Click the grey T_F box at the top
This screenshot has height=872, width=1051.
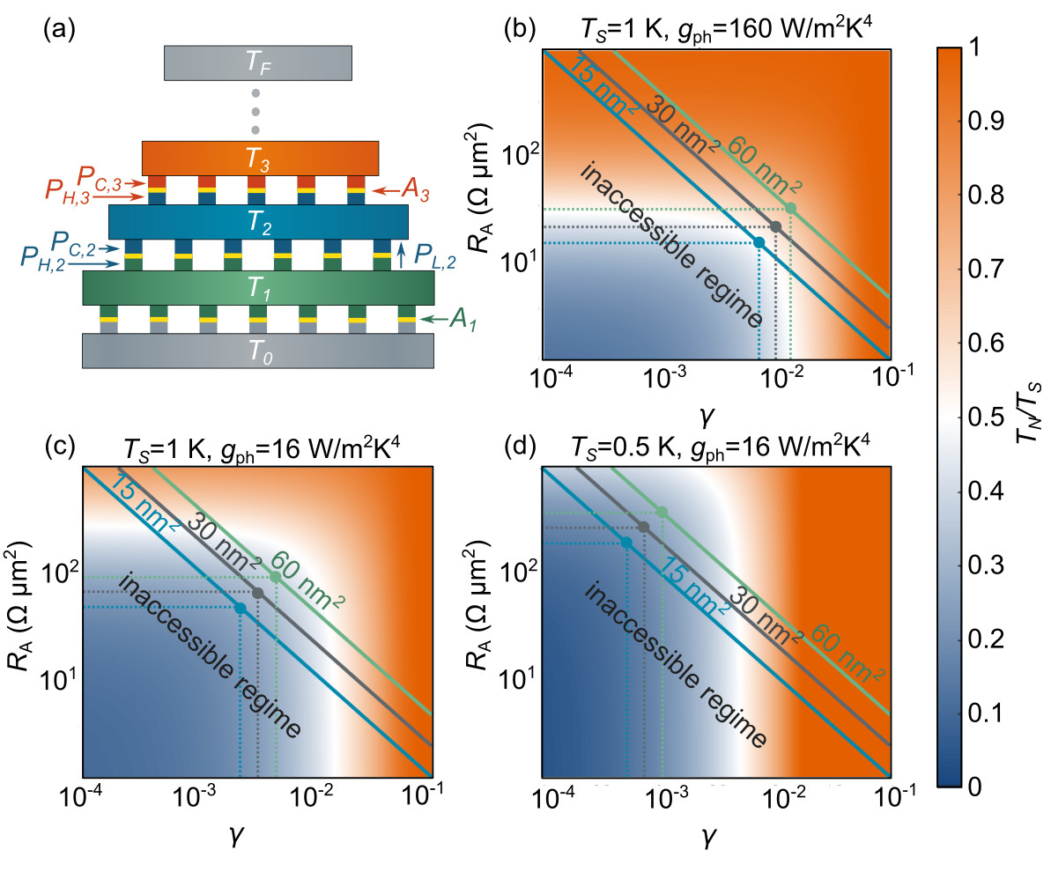coord(258,62)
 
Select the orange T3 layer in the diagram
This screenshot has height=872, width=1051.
coord(260,157)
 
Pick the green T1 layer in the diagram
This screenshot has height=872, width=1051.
coord(258,287)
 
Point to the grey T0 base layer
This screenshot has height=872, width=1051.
coord(257,350)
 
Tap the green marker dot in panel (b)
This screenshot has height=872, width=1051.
coord(790,208)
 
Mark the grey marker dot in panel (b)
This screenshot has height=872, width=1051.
coord(775,226)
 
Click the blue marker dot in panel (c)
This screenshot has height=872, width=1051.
coord(241,608)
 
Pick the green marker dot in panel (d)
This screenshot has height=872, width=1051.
coord(662,512)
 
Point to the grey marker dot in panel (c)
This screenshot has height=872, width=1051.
coord(257,593)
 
